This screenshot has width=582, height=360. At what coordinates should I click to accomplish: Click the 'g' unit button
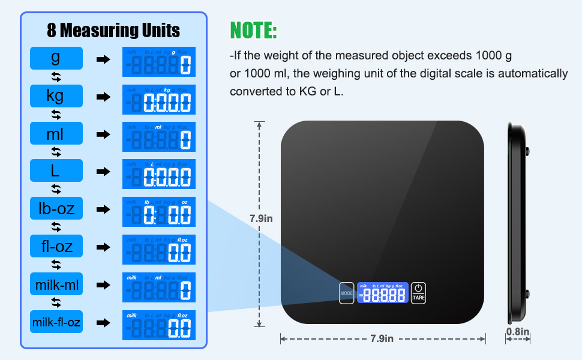coord(56,58)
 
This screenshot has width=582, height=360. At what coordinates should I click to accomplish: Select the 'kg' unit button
coord(56,96)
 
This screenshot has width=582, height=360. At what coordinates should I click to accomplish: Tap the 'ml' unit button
coord(56,134)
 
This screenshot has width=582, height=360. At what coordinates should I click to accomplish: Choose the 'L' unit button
coord(56,172)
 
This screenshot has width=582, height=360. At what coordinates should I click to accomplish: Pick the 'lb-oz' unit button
coord(56,209)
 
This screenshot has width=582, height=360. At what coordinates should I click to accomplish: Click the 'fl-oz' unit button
coord(56,247)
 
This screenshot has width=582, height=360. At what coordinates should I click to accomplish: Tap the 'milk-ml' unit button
coord(56,284)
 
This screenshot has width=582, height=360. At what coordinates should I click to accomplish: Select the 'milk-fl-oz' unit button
coord(56,322)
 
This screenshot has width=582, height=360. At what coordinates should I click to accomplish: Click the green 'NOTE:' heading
coord(253,30)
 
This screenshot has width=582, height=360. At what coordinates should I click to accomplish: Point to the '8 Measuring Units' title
coord(113,29)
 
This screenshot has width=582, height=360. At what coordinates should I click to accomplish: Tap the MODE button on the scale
coord(347,293)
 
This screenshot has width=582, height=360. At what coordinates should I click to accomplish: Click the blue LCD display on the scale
coord(382,293)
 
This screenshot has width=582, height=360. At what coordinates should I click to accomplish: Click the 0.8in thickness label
coord(517,331)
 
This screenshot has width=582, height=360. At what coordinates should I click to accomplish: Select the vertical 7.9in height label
coord(261,218)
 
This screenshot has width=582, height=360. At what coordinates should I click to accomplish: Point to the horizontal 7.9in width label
coord(382,338)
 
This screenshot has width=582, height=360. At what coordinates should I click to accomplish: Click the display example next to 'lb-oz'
coord(159,211)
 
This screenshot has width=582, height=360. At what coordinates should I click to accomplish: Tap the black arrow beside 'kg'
coord(103,97)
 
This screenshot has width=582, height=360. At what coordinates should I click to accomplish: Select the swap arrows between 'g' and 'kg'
coord(56,77)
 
